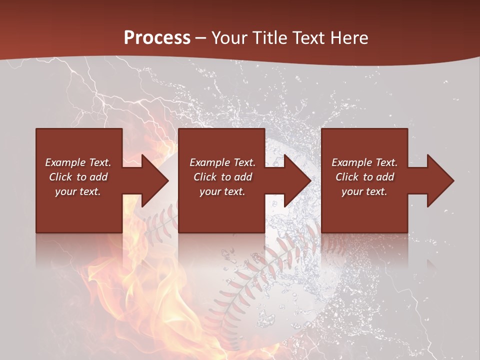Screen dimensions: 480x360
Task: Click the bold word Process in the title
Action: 157,38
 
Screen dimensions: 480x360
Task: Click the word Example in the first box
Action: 65,162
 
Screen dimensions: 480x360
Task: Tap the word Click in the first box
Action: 60,177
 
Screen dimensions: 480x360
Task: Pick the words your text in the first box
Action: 78,191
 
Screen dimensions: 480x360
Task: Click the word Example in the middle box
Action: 210,162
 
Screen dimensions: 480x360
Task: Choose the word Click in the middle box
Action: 205,177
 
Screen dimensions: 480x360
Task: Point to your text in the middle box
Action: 222,191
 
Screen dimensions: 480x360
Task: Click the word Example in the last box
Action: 352,162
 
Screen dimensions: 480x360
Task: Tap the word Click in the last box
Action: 347,177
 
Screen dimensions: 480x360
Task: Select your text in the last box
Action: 364,191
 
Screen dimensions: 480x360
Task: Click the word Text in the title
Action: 308,37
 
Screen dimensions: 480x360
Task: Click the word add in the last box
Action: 385,177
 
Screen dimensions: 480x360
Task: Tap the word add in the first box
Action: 98,177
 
